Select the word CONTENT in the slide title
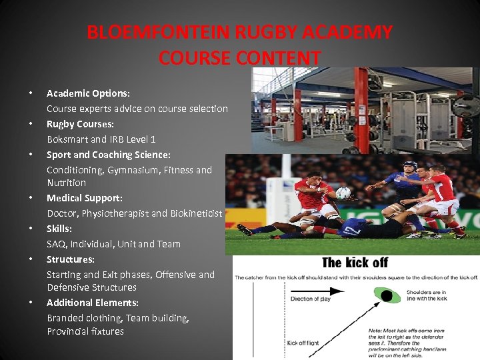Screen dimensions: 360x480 point(279,58)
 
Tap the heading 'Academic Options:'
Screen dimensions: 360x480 point(88,94)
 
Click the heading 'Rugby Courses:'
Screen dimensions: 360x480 point(80,124)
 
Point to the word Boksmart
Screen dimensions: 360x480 point(67,139)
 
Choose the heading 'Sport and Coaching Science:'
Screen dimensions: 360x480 point(109,155)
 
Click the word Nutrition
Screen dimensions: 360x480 point(66,183)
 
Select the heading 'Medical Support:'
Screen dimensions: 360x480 point(84,198)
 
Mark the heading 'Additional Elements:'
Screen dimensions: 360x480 point(93,303)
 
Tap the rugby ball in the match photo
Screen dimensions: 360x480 point(343,193)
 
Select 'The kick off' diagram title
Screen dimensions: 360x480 point(355,262)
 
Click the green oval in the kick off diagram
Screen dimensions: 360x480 point(385,294)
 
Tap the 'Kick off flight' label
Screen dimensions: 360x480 point(303,343)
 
